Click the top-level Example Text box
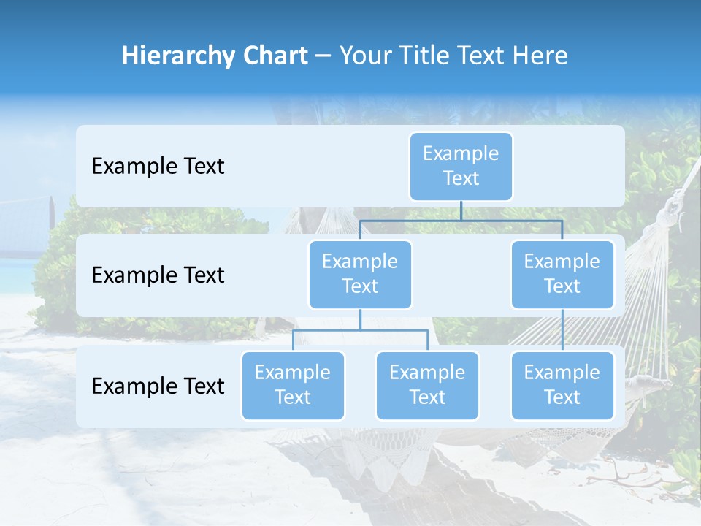[461, 166]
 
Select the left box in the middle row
[360, 274]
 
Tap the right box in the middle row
[562, 274]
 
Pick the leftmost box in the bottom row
[293, 385]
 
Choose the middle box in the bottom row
[427, 385]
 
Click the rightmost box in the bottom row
[562, 385]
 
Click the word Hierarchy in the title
[175, 56]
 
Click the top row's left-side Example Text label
[158, 166]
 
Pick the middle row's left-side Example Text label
[158, 275]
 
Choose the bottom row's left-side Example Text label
[158, 386]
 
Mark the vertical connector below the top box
[461, 210]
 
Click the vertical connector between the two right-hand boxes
[562, 330]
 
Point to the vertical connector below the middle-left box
[360, 319]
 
